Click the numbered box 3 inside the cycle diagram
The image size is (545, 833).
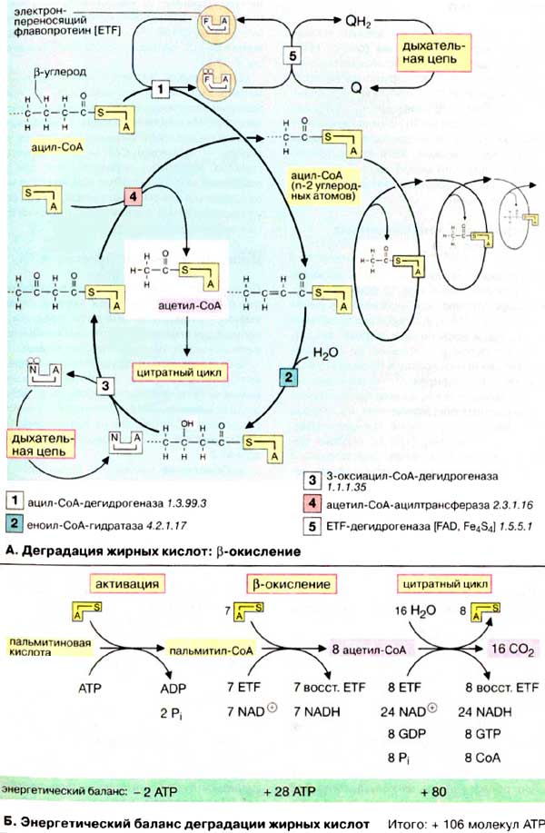107,385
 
